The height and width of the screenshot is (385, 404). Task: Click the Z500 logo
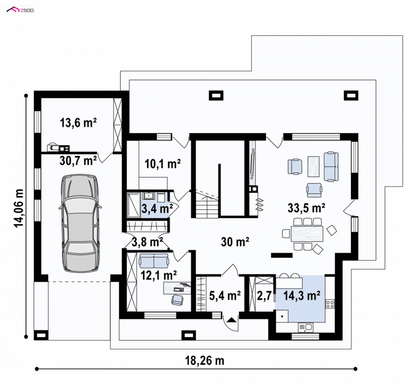coord(20,10)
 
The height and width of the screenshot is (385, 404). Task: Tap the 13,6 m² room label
coord(78,123)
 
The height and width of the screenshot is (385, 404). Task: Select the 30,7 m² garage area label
coord(78,160)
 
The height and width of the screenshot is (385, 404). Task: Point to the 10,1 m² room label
coord(163,163)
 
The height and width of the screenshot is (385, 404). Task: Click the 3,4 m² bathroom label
coord(157,208)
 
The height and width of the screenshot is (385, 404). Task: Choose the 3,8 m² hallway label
coord(147,242)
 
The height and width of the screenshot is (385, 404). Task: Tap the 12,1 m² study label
coord(159,276)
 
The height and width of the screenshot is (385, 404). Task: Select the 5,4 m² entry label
coord(225,295)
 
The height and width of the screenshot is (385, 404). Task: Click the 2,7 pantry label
coord(264,296)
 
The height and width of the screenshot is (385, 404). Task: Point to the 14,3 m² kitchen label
coord(301,296)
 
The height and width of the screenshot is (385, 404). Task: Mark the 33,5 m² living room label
coord(307,208)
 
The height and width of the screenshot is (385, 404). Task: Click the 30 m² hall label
coord(235,242)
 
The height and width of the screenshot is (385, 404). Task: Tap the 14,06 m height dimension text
coord(19,208)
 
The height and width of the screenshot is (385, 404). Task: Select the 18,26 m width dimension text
coord(205,361)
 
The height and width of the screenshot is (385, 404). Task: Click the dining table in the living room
coord(307,234)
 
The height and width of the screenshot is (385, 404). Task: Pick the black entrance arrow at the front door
coord(231,320)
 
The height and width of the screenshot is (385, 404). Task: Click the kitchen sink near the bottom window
coord(306,327)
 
